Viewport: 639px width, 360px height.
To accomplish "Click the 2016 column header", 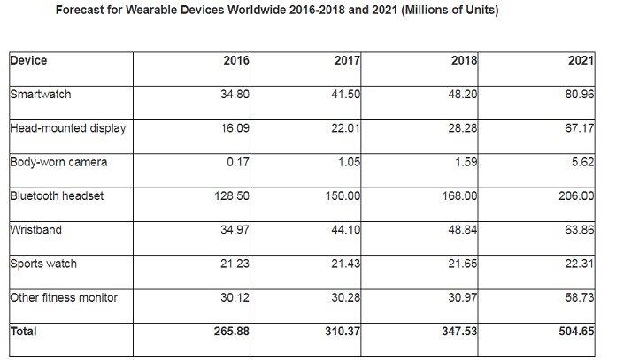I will [236, 61].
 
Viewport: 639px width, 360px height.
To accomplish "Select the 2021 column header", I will [581, 61].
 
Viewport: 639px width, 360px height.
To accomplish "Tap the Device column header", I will [28, 61].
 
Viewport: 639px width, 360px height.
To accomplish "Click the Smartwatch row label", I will [41, 94].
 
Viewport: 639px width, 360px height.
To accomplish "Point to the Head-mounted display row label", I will [67, 128].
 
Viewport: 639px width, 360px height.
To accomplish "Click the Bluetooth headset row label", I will [57, 195].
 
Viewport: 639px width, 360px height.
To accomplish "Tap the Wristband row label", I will [35, 230].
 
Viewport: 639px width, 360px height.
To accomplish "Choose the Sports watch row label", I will [44, 264].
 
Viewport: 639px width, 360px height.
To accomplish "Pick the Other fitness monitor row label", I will [63, 297].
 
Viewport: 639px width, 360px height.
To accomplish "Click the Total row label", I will [24, 332].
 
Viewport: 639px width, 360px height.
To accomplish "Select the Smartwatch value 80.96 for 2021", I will [579, 95].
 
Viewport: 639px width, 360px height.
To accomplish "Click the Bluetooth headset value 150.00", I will [342, 196].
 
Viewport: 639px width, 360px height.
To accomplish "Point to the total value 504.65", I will [575, 333].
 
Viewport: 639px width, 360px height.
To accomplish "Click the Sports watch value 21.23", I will [235, 264].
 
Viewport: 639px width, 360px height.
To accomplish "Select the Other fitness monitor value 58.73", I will [579, 298].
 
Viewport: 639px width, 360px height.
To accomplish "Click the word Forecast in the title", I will [81, 11].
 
